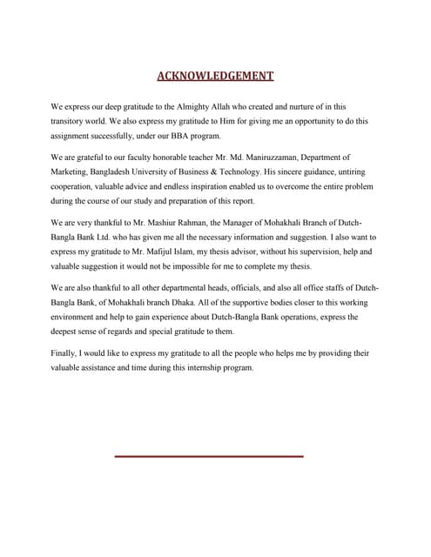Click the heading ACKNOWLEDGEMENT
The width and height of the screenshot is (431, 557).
point(215,76)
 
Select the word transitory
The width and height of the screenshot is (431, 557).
point(72,121)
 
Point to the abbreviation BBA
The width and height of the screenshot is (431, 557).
point(178,136)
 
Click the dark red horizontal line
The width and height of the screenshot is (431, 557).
point(209,455)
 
